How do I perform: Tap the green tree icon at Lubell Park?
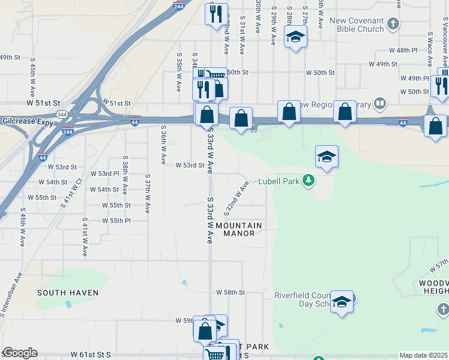308,181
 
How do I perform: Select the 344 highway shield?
61,114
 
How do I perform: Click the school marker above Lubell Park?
327,157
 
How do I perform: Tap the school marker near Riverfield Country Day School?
342,302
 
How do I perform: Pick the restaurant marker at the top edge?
216,14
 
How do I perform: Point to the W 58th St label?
231,292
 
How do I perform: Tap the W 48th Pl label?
403,50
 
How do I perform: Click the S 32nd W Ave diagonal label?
237,199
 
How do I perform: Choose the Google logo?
20,353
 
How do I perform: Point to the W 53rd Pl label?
105,173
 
